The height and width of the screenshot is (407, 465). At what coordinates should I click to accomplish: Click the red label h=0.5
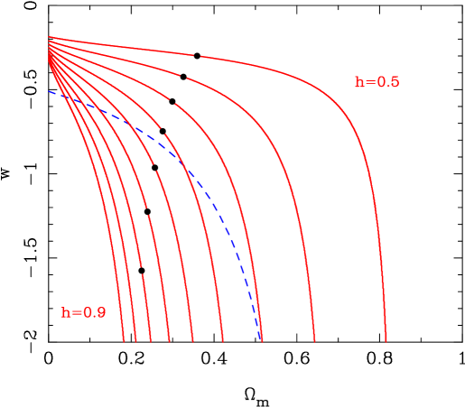[377, 82]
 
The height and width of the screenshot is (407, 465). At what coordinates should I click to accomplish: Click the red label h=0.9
[83, 313]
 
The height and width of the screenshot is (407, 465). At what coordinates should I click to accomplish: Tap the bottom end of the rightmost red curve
[386, 341]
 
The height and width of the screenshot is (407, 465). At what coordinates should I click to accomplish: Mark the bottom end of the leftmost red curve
[124, 341]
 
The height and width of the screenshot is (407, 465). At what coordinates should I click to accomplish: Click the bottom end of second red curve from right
[315, 341]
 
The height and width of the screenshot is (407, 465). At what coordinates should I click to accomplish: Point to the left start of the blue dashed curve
[50, 91]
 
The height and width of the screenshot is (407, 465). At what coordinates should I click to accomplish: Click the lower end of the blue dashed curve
[262, 339]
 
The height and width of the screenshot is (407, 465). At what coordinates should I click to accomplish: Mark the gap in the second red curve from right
[181, 78]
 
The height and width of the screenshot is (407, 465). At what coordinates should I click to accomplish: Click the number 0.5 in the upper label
[388, 82]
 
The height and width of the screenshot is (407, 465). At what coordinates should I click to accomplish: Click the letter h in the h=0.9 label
[66, 313]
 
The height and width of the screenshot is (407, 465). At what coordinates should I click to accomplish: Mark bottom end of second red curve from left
[136, 341]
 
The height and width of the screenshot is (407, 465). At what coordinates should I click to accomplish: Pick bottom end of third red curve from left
[151, 341]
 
